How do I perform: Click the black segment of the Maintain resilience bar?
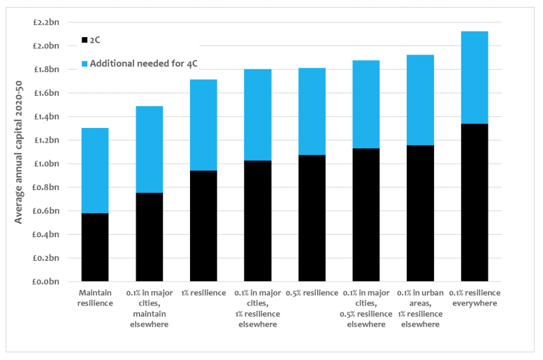coord(95,247)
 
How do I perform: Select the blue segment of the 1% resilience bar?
coord(203,125)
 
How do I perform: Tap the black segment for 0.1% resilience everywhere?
coord(475,202)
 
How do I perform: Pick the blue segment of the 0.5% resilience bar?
coord(312,112)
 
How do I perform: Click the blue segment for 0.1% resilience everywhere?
coord(475,78)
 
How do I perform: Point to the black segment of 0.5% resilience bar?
coord(312,218)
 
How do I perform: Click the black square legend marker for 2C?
coord(85,40)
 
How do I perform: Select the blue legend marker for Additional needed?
coord(85,64)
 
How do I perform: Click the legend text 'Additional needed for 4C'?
coord(144,64)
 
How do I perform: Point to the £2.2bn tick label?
coord(46,22)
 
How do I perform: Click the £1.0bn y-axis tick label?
coord(46,164)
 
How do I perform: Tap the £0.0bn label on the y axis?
coord(46,282)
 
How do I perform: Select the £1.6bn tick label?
coord(46,93)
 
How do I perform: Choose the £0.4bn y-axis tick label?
coord(46,235)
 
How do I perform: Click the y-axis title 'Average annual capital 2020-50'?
coord(18,152)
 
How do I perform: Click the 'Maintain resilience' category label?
coord(95,298)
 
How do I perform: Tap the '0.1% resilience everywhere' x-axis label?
coord(475,298)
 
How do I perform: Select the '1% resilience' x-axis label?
coord(203,293)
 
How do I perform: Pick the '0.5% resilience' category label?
coord(312,293)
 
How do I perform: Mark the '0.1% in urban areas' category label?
coord(421,298)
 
